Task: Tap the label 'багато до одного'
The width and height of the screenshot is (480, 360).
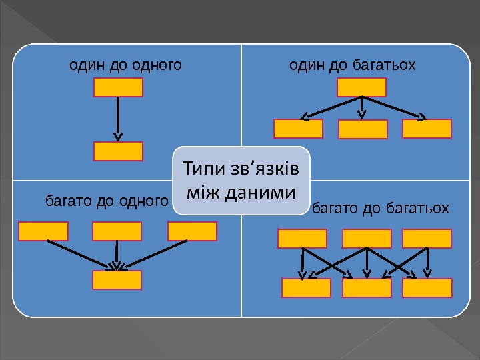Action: click(x=105, y=200)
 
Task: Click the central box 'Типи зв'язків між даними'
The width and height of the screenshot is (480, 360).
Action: click(x=241, y=181)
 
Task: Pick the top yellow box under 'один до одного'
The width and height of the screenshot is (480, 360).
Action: click(x=119, y=87)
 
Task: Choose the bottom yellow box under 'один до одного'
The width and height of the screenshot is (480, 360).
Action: click(x=119, y=152)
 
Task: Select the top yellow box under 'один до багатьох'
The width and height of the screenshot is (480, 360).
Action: click(x=361, y=87)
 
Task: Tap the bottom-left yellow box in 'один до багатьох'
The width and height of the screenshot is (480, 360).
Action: click(x=298, y=129)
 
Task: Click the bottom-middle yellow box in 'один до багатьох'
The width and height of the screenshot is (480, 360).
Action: click(x=363, y=129)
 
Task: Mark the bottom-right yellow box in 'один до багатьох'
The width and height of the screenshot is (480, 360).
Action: click(x=427, y=128)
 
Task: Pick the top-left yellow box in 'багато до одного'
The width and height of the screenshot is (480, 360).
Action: click(x=43, y=231)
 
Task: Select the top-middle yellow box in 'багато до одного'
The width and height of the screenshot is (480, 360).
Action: click(x=117, y=231)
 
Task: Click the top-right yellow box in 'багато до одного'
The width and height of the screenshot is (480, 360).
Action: click(x=192, y=231)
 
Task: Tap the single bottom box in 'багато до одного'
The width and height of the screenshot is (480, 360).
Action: click(x=117, y=280)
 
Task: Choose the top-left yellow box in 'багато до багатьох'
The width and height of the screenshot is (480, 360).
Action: click(x=302, y=239)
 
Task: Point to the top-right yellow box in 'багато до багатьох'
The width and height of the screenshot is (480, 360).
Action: click(x=427, y=239)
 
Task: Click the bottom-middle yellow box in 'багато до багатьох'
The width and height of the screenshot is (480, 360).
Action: click(x=367, y=288)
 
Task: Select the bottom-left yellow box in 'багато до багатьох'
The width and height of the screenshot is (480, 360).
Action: click(x=306, y=288)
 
